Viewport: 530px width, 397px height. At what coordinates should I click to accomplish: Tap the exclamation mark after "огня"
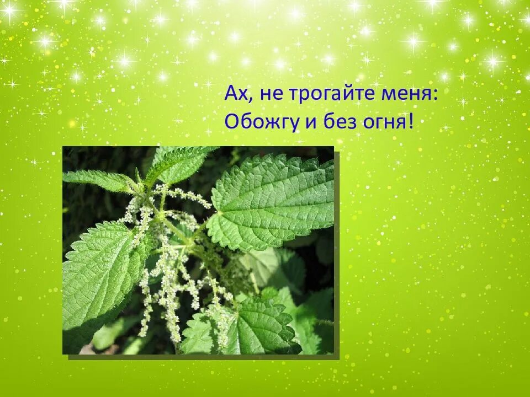point(411,121)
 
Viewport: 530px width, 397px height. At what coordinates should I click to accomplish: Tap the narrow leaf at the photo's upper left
point(97,179)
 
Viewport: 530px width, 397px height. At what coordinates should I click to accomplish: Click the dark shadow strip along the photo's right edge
point(336,254)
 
